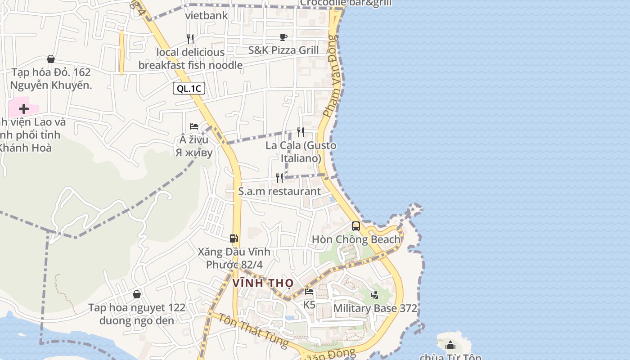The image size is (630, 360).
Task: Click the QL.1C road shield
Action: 189,88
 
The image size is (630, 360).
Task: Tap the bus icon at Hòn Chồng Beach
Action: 356,226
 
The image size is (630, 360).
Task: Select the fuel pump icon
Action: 234,238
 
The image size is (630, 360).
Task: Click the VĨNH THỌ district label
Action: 263,283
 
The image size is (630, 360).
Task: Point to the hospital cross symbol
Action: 24,109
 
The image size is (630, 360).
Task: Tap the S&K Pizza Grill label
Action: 283,50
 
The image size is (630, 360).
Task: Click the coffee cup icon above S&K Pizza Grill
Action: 283,37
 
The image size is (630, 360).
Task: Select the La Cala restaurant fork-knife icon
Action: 301,132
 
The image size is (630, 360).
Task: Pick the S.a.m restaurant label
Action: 279,191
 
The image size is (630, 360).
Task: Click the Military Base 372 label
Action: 375,308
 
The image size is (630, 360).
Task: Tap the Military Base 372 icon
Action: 374,295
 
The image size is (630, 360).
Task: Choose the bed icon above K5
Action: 309,292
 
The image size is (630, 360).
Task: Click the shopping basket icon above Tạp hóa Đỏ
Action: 51,59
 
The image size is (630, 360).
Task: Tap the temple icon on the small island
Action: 450,346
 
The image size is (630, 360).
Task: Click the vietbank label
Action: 207,16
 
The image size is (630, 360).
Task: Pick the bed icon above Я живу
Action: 194,126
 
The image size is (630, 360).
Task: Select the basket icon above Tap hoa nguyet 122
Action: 137,294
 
